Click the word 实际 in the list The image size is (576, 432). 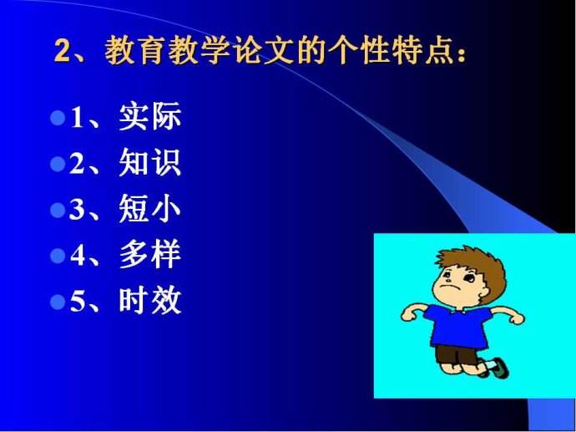[150, 116]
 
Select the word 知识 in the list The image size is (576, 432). [150, 162]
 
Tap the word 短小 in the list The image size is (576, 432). [150, 208]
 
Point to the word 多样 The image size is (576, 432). [150, 254]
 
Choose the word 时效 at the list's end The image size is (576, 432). [150, 300]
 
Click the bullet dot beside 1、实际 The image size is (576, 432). [58, 119]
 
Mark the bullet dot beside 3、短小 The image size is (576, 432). [58, 211]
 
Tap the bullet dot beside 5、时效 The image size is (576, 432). [58, 302]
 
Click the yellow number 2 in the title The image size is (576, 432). [63, 52]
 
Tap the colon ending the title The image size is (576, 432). [462, 53]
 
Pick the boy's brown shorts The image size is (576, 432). [456, 354]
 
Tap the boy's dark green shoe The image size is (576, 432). [500, 368]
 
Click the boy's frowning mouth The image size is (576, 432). [447, 286]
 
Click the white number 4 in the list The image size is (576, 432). [77, 256]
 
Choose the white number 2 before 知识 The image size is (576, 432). [77, 164]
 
